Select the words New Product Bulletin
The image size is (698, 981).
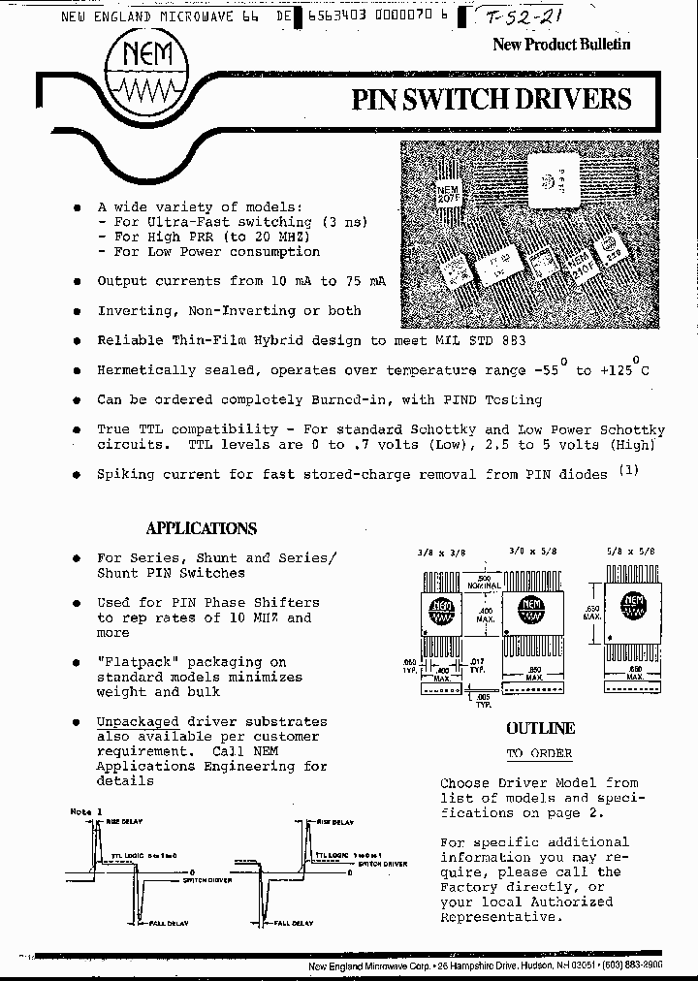(561, 44)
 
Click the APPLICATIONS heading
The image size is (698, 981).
(202, 528)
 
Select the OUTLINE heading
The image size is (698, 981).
(540, 728)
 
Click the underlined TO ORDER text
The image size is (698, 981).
(539, 753)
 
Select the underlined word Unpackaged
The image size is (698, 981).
(138, 722)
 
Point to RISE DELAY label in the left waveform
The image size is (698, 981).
(125, 821)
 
